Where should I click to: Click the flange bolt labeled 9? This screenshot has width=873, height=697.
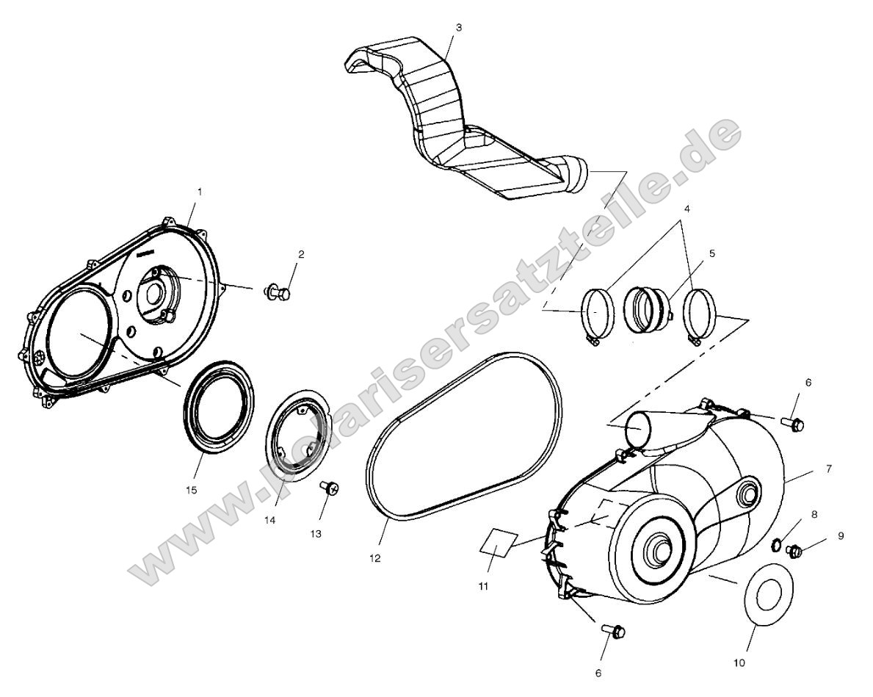796,549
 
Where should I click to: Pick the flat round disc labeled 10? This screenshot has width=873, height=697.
766,593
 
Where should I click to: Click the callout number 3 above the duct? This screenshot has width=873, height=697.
459,27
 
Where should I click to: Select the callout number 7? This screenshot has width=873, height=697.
808,468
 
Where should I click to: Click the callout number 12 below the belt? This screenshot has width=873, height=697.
375,558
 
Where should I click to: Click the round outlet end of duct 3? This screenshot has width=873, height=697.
576,174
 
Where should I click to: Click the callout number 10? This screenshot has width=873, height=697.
739,662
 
